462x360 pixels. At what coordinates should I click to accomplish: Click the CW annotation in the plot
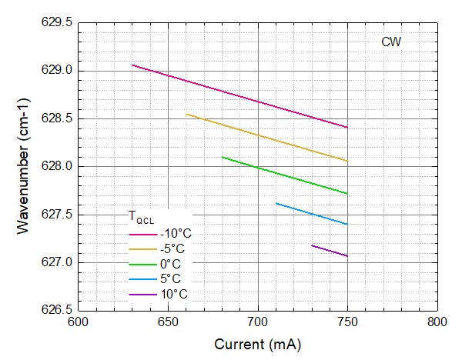pyautogui.click(x=391, y=42)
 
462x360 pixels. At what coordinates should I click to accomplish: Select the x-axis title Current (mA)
pyautogui.click(x=257, y=345)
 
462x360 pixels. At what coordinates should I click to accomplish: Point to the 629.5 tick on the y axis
pyautogui.click(x=58, y=23)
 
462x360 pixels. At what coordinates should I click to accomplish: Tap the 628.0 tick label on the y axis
pyautogui.click(x=58, y=167)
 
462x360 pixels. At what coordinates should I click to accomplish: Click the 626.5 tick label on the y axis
pyautogui.click(x=58, y=310)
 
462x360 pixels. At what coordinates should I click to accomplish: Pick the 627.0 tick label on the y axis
pyautogui.click(x=58, y=262)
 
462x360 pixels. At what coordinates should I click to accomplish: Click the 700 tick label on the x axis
pyautogui.click(x=257, y=323)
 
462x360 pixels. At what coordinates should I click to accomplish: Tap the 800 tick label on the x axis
pyautogui.click(x=437, y=323)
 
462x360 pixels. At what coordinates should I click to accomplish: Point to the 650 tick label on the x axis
pyautogui.click(x=168, y=323)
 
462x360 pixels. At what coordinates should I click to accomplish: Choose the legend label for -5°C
pyautogui.click(x=172, y=249)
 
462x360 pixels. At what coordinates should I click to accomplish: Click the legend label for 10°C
pyautogui.click(x=173, y=294)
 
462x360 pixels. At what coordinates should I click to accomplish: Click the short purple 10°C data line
pyautogui.click(x=330, y=251)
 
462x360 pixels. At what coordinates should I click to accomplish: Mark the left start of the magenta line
pyautogui.click(x=132, y=65)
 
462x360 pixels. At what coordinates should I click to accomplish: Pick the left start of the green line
pyautogui.click(x=223, y=157)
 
